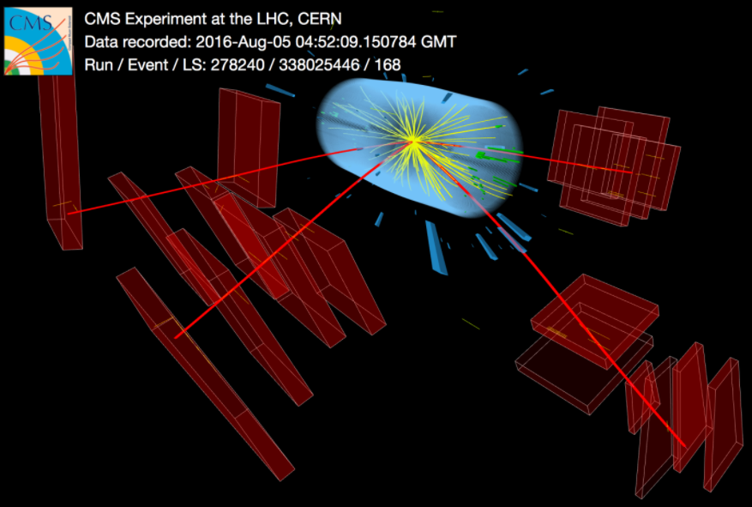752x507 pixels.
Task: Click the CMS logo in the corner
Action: [x=38, y=41]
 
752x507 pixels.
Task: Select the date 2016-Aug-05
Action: [x=244, y=42]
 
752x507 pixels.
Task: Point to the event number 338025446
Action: [x=320, y=64]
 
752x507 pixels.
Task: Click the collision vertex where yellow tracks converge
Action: [x=412, y=141]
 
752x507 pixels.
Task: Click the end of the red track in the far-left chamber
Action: [x=69, y=214]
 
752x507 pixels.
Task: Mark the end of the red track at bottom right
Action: [x=685, y=447]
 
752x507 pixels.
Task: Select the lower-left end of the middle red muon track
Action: [x=176, y=337]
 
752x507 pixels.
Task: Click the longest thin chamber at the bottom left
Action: [x=204, y=374]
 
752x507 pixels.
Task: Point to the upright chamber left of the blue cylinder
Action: [x=249, y=148]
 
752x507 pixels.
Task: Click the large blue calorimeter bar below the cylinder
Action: [x=436, y=248]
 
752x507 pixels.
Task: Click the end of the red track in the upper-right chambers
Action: [x=630, y=172]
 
